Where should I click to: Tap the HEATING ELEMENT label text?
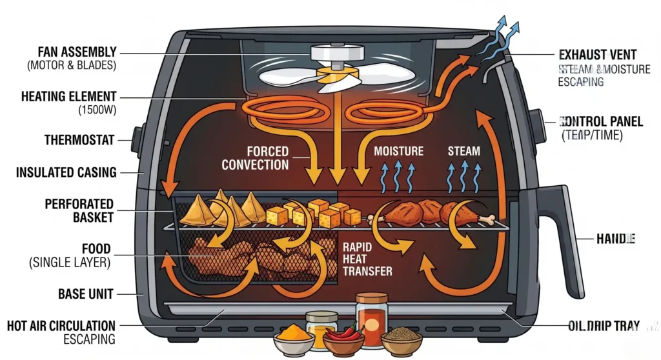68,96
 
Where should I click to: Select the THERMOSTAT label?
79,140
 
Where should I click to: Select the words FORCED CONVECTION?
256,158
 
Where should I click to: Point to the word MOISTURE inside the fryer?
399,151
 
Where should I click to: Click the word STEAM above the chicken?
464,151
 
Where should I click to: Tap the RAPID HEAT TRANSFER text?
367,259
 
